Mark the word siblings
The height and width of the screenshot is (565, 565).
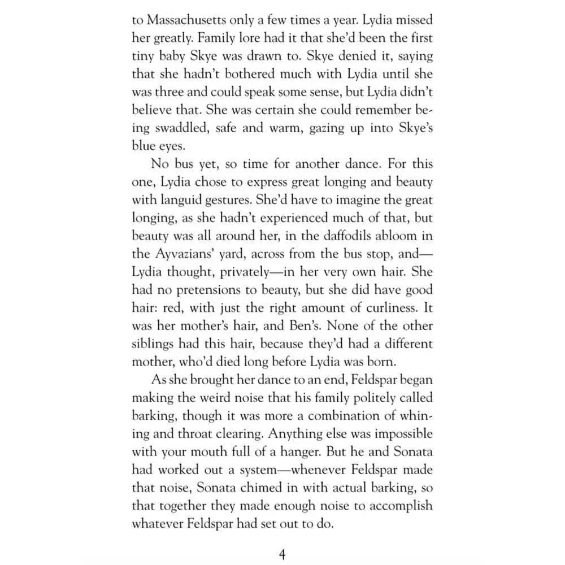[x=154, y=344]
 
